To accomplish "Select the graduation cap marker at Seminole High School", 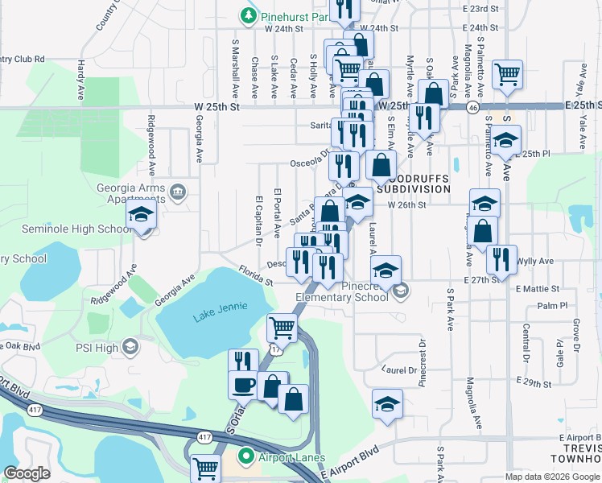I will click(140, 216).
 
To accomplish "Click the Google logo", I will click(27, 473).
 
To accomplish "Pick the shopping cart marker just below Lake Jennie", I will click(282, 327).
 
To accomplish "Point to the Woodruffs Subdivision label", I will click(410, 183).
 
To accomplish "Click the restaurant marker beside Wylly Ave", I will click(501, 259).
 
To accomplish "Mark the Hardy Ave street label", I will click(81, 75).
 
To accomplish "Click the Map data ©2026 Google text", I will click(551, 477).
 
